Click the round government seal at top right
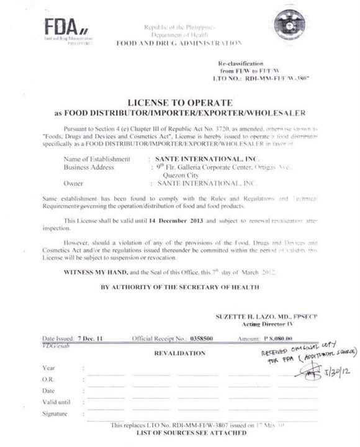(x=291, y=23)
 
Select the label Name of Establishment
(x=97, y=159)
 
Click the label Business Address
(x=89, y=167)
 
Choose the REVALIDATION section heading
(x=179, y=353)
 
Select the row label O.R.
(x=48, y=379)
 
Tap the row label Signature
(x=54, y=413)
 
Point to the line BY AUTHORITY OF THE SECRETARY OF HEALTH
(x=180, y=287)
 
